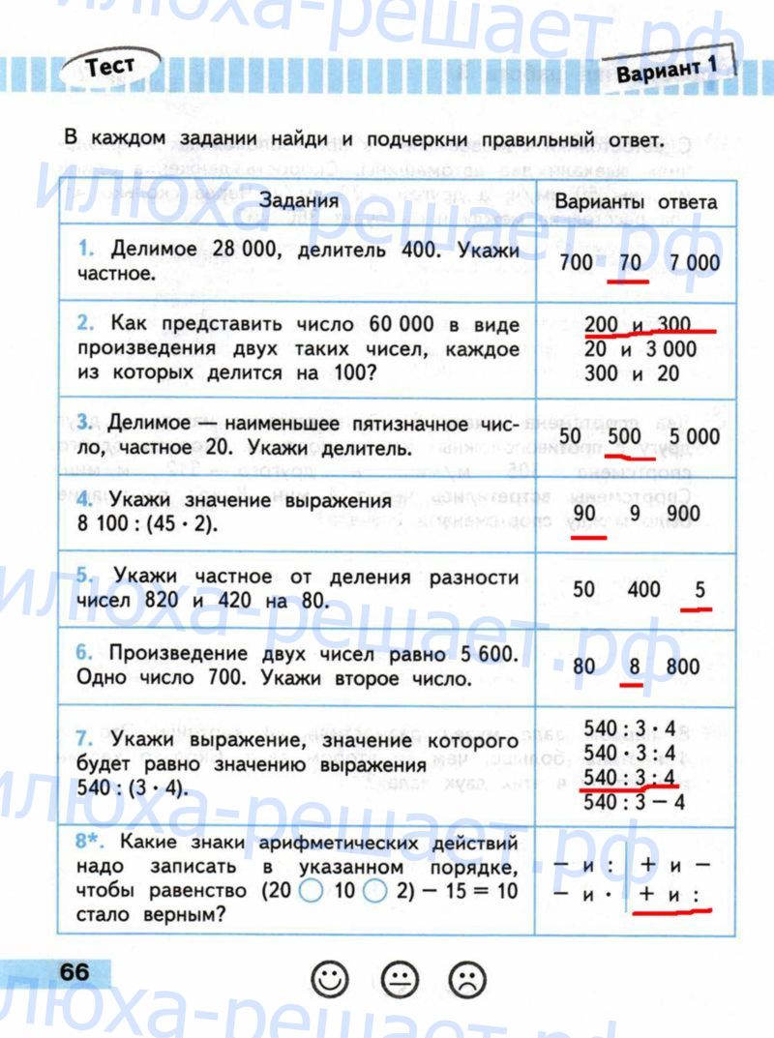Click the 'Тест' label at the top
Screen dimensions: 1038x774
click(109, 69)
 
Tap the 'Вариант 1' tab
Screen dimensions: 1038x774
click(667, 71)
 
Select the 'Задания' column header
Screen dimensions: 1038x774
click(298, 201)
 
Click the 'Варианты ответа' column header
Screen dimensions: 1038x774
click(636, 202)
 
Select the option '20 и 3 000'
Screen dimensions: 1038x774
click(640, 348)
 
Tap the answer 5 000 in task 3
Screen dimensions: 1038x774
click(693, 436)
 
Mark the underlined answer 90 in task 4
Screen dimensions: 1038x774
click(584, 513)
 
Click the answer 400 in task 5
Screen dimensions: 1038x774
click(643, 589)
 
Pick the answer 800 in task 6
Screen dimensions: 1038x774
click(682, 666)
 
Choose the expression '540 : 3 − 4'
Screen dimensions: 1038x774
click(635, 802)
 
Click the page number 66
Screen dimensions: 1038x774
click(74, 971)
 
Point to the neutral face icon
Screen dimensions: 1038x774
click(399, 980)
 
